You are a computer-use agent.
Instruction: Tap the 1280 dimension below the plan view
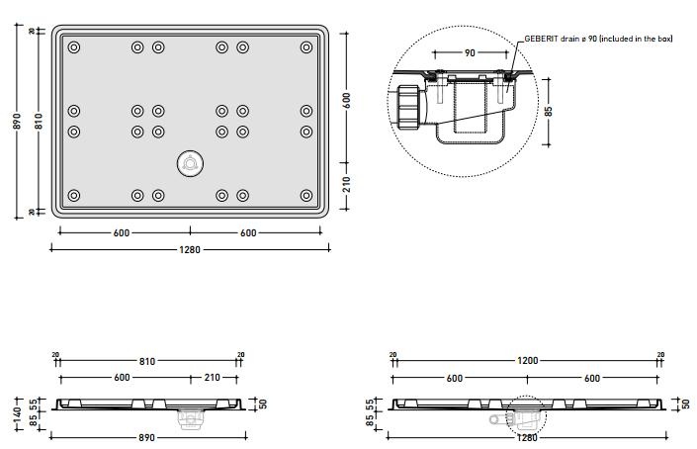click(190, 249)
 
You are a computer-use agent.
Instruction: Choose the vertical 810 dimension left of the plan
click(38, 121)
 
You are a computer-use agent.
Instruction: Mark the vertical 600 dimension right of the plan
click(347, 100)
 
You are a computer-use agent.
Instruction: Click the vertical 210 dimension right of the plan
click(347, 185)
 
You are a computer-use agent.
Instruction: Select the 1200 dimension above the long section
click(527, 361)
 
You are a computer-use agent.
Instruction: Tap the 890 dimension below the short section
click(149, 436)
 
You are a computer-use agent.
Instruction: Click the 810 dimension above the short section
click(147, 361)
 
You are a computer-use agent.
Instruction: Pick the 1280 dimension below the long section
click(527, 436)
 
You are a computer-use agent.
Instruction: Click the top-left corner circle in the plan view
click(74, 46)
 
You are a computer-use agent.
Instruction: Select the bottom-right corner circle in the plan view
click(305, 194)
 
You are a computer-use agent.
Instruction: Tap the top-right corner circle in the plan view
click(305, 46)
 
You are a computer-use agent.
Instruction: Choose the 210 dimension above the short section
click(212, 377)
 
